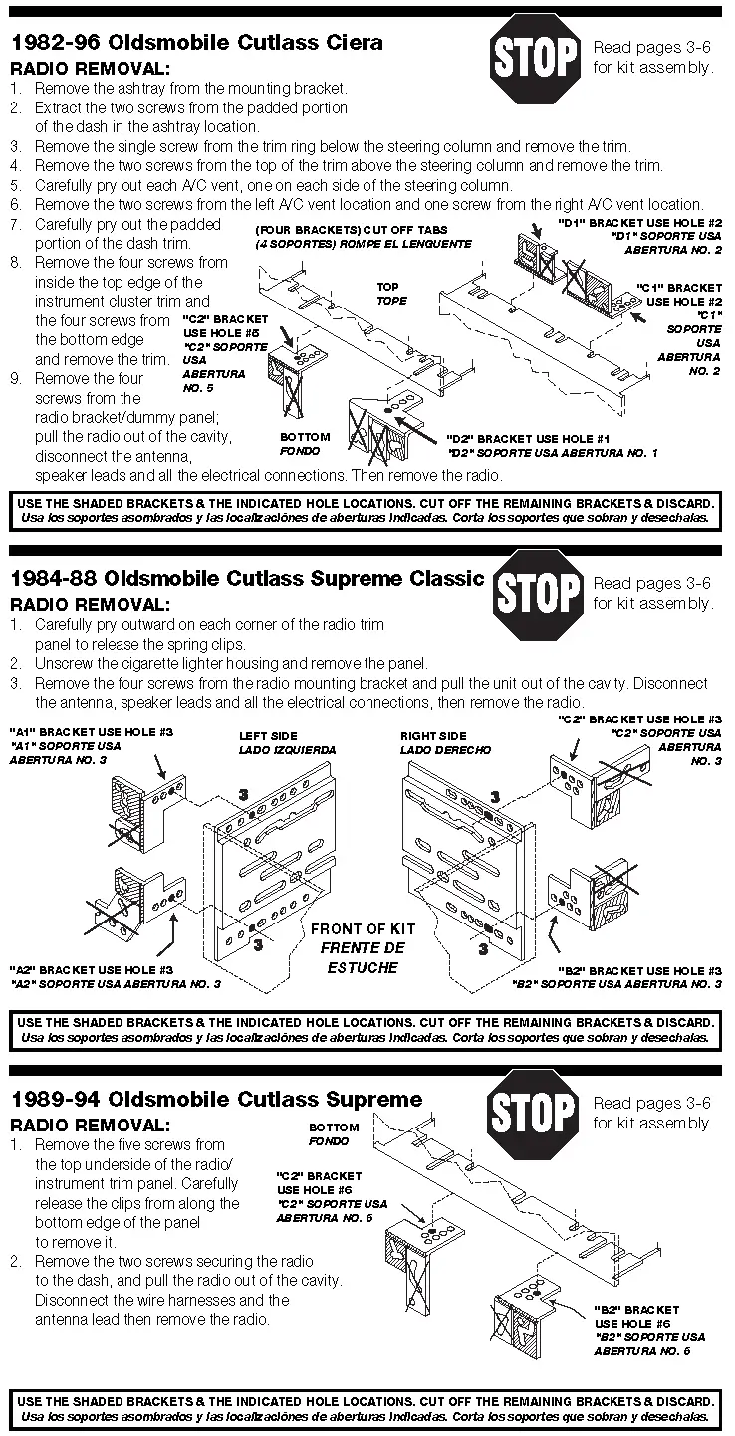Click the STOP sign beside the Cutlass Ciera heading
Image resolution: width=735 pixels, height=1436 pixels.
click(536, 59)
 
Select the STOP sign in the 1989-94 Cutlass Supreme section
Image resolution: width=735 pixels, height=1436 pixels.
click(536, 1112)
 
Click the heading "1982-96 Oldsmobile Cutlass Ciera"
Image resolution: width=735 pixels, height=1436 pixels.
click(196, 43)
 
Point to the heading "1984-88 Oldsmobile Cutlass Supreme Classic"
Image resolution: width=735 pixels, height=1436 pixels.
click(247, 578)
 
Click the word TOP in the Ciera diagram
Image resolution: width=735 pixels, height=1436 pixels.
click(387, 287)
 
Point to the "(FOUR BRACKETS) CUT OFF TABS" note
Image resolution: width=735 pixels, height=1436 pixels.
click(352, 230)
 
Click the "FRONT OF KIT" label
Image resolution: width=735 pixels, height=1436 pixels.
click(364, 928)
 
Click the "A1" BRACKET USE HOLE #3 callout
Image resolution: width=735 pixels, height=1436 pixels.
click(92, 731)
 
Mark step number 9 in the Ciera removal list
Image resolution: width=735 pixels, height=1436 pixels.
click(15, 379)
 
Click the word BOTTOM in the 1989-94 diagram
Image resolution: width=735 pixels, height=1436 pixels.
click(334, 1128)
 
